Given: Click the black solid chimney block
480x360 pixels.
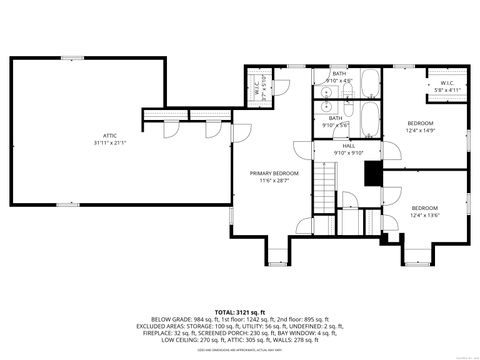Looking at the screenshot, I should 373,173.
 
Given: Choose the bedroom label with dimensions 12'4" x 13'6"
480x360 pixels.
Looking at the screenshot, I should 424,212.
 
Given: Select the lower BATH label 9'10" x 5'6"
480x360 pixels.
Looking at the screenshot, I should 335,121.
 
